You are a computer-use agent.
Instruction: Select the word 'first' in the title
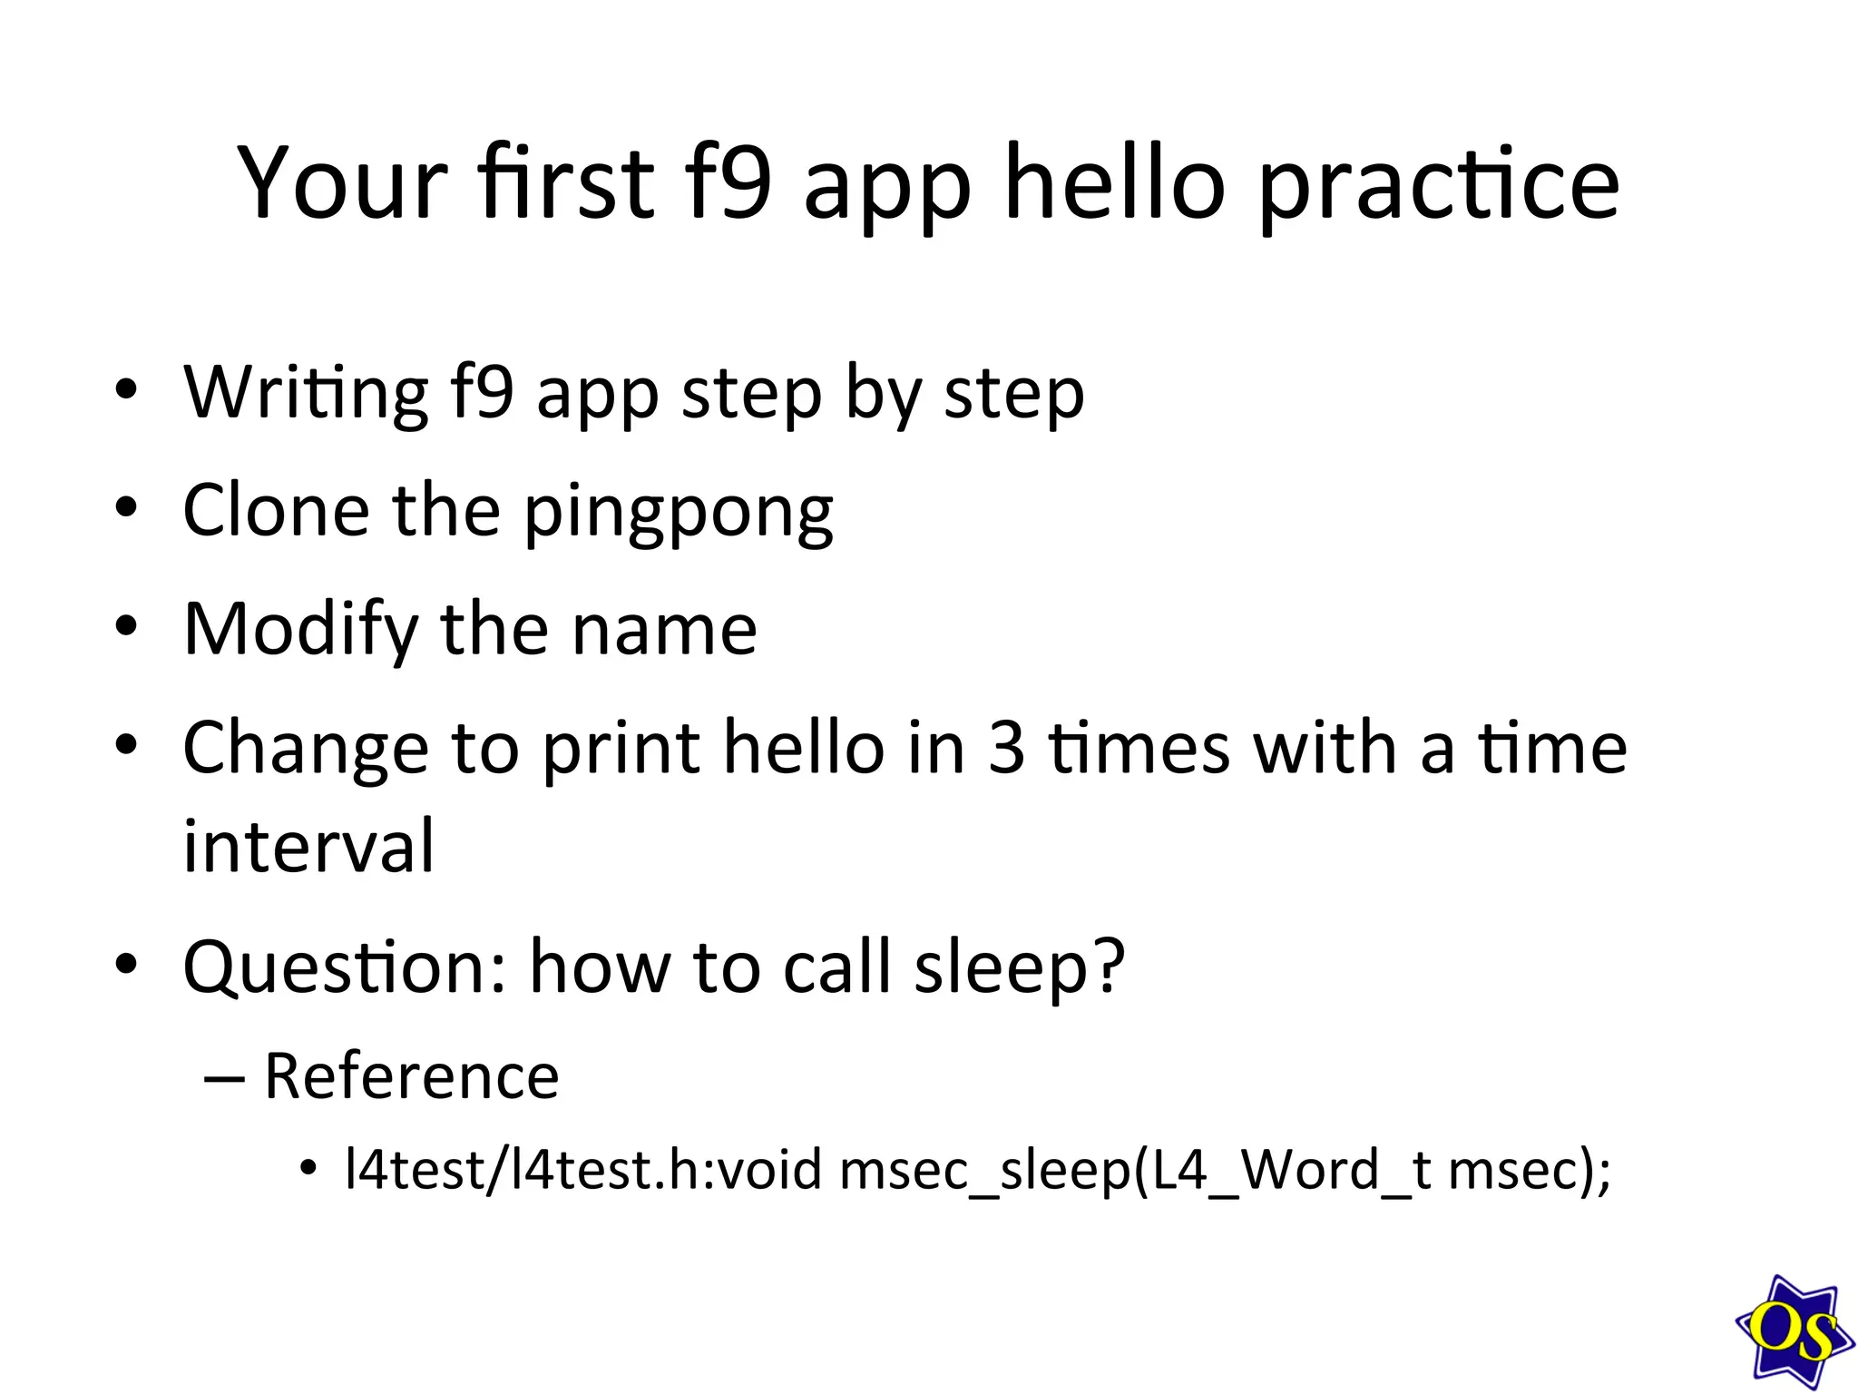(567, 182)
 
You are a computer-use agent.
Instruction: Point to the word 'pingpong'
(679, 514)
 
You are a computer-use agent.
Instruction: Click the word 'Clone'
(276, 510)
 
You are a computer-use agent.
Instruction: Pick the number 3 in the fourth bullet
(1006, 749)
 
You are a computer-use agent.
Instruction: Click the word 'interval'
(308, 846)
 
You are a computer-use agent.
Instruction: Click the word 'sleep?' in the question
(1020, 967)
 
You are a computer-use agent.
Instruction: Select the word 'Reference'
(411, 1076)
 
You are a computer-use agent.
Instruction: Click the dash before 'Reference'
(224, 1078)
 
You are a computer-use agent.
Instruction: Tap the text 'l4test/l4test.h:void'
(583, 1170)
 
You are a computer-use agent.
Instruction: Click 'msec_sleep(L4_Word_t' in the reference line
(1135, 1172)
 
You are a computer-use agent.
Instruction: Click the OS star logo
(1793, 1331)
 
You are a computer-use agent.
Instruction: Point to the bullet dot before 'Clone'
(126, 507)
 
